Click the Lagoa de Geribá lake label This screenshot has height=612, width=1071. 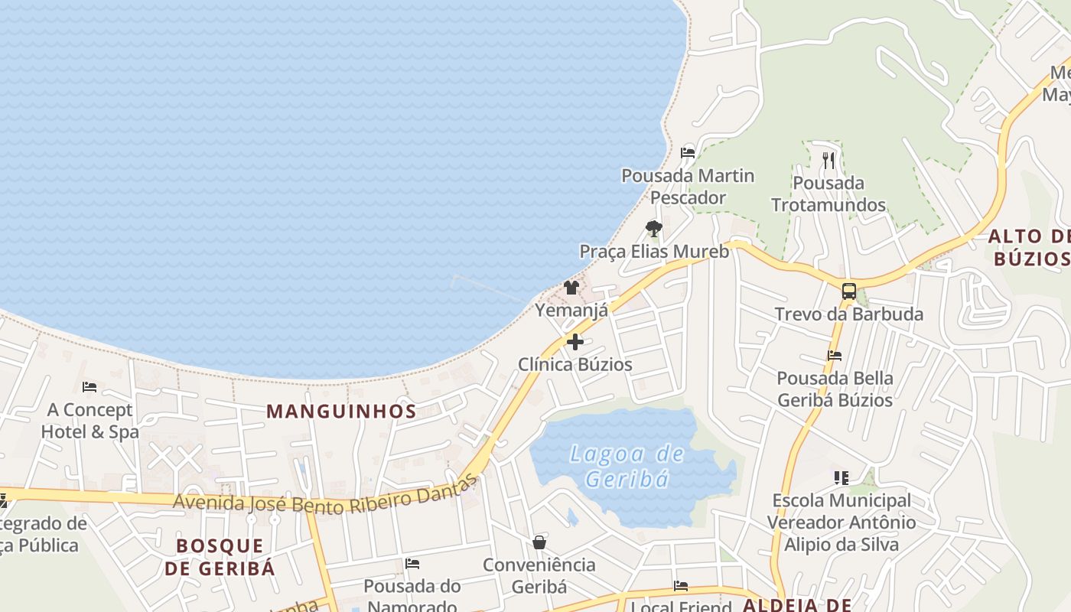(627, 466)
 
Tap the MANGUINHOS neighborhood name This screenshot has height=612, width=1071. (341, 411)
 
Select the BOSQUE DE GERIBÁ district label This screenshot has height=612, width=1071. (219, 557)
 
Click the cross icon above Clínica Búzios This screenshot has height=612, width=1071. (575, 342)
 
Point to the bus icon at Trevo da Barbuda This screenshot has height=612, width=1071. (848, 291)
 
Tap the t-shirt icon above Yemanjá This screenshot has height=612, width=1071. (571, 288)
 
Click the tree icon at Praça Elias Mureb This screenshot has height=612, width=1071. (653, 228)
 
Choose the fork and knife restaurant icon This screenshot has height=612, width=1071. (828, 160)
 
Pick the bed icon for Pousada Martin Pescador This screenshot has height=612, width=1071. (687, 152)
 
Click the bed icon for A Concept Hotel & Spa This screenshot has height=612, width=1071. (90, 387)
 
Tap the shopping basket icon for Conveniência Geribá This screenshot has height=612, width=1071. (539, 542)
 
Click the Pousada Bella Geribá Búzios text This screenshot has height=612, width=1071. (835, 389)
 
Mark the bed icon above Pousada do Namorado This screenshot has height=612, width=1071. (412, 564)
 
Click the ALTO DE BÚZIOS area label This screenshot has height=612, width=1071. (1029, 247)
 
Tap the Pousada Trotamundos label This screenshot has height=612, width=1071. (828, 194)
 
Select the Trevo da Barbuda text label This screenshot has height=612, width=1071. (848, 314)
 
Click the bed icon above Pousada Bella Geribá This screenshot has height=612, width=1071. (835, 356)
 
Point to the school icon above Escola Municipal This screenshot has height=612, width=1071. (841, 478)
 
